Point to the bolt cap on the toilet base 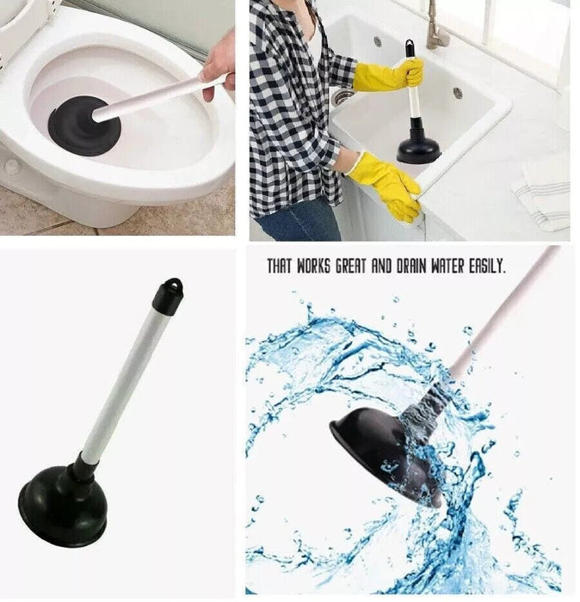click(x=12, y=166)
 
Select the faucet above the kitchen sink click(x=435, y=30)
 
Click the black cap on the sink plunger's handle click(x=410, y=47)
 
